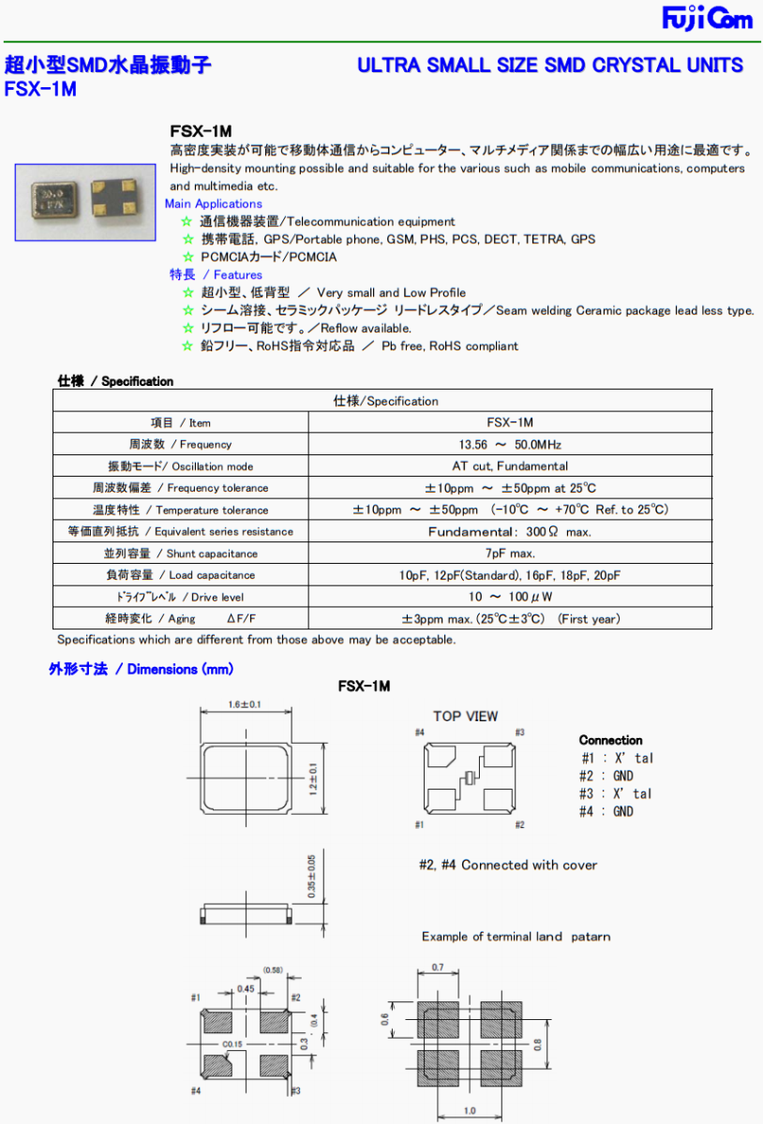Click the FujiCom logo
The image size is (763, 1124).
(708, 18)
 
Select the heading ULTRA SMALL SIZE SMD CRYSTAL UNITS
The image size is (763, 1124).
(550, 66)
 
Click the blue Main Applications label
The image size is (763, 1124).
(214, 203)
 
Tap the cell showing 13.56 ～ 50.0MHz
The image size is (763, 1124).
(510, 445)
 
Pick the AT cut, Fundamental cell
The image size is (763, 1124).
(510, 466)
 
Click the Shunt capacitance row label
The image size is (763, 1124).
(180, 554)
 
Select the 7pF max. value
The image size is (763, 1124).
(510, 554)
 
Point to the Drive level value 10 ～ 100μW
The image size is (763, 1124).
(510, 597)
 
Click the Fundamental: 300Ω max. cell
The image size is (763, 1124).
(510, 532)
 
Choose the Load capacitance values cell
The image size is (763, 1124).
(510, 575)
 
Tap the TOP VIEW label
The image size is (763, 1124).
(465, 717)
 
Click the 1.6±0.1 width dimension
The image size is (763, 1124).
(245, 703)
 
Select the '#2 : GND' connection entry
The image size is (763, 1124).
(606, 776)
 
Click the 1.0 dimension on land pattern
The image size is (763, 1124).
(470, 1112)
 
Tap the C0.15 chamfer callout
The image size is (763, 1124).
(233, 1043)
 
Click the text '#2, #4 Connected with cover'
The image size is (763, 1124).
(507, 865)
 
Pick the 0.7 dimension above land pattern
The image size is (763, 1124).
(439, 968)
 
